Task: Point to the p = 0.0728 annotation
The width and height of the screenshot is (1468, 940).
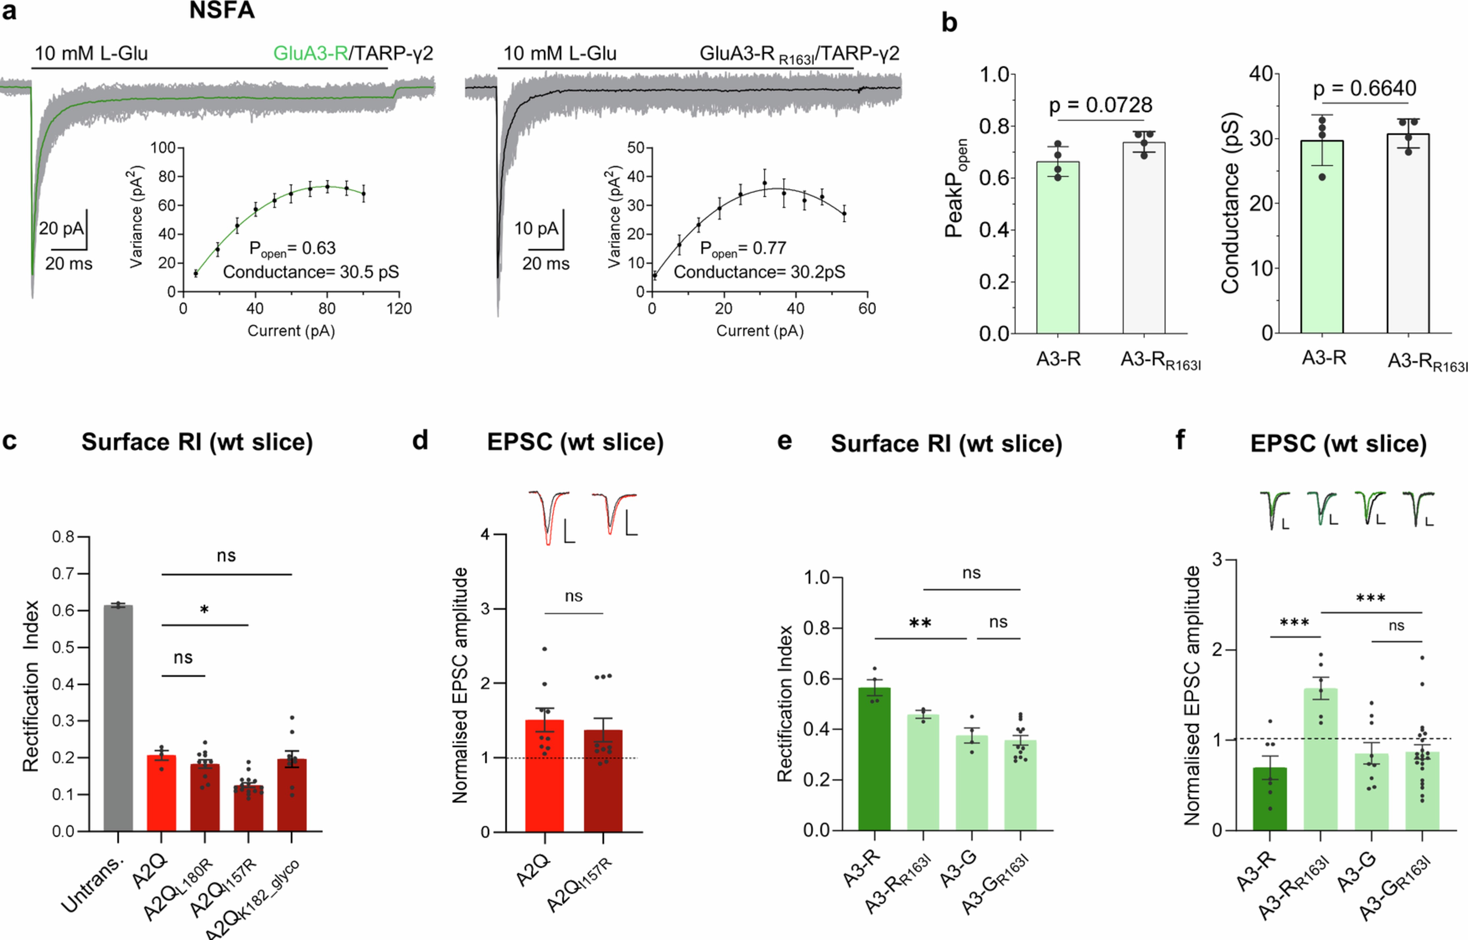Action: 1101,106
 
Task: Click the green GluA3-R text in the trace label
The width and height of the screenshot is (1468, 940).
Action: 310,54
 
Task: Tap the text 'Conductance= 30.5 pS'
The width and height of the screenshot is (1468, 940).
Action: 311,272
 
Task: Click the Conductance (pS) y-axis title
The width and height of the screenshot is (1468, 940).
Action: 1230,203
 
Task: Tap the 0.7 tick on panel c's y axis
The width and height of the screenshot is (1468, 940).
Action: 63,574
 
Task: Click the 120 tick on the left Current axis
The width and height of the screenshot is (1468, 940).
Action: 399,309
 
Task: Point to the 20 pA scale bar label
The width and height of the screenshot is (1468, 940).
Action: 61,229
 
